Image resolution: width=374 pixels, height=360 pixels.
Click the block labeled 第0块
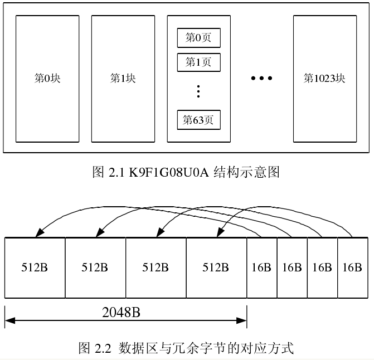[47, 79]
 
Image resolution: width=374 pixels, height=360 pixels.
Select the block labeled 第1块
[123, 79]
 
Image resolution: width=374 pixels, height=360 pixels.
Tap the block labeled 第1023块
[324, 79]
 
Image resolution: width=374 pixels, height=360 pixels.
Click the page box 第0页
[198, 38]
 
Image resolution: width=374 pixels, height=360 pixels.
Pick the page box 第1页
[198, 62]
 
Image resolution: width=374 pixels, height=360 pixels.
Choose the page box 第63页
[198, 120]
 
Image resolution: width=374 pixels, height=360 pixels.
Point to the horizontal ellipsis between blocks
[261, 79]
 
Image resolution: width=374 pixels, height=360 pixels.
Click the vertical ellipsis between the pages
[198, 91]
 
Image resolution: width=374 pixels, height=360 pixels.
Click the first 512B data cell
[35, 267]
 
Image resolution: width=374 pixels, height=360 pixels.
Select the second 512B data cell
[95, 267]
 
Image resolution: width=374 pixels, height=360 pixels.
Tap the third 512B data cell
[156, 267]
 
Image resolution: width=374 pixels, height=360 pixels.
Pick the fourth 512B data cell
[216, 267]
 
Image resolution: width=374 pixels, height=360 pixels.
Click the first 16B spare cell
[261, 267]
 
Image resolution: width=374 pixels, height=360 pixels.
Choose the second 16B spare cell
[292, 267]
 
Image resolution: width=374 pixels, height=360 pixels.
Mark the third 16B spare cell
[322, 267]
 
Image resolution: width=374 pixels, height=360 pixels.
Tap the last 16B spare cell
[352, 267]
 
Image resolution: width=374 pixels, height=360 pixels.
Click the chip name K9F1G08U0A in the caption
[168, 172]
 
